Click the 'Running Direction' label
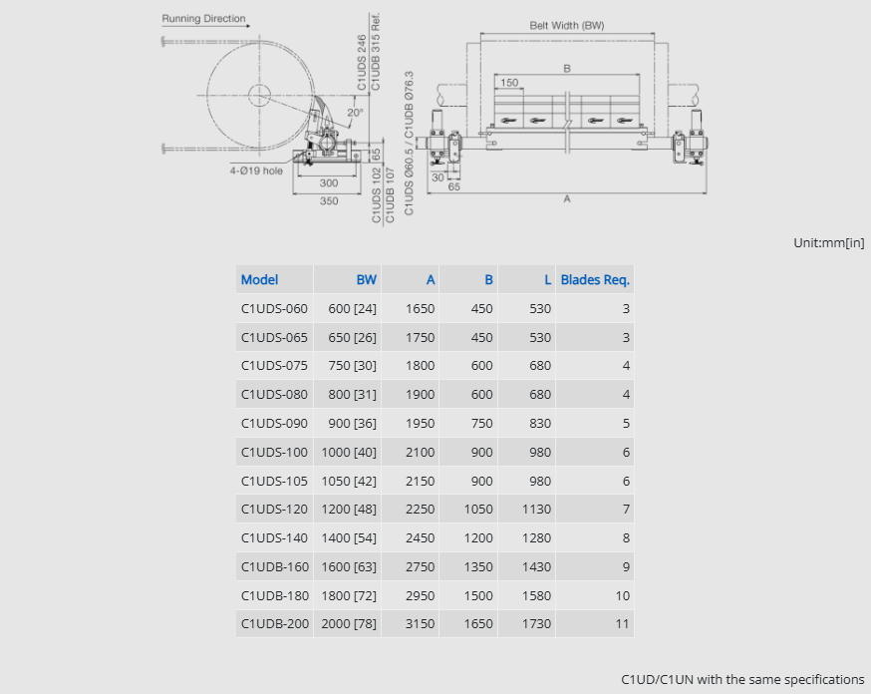pos(203,18)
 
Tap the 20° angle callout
pos(355,113)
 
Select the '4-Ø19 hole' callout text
pos(256,171)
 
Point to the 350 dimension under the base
pos(329,200)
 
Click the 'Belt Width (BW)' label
pos(567,26)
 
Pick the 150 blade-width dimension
pos(509,82)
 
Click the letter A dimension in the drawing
pos(567,198)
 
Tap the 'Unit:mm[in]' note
pos(829,243)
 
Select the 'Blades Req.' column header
pos(595,279)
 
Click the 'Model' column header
pos(259,279)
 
